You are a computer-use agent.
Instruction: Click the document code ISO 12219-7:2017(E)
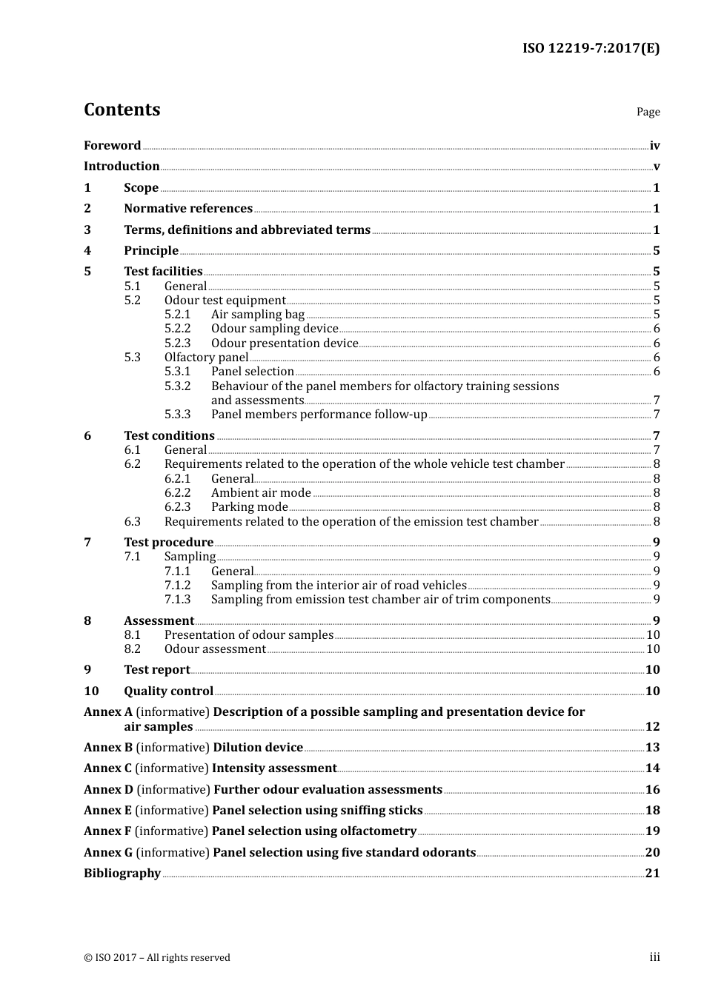click(x=591, y=48)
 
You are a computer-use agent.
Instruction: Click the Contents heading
click(x=122, y=110)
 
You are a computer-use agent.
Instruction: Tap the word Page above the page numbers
click(x=648, y=112)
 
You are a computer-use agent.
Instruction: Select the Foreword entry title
click(x=112, y=146)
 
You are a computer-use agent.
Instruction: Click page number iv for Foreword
click(x=654, y=146)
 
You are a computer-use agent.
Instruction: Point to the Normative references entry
click(x=188, y=209)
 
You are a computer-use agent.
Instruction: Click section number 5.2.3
click(x=177, y=344)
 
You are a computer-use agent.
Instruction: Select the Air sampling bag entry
click(x=258, y=315)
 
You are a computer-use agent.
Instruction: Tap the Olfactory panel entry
click(x=206, y=358)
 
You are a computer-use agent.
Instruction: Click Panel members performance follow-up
click(x=319, y=415)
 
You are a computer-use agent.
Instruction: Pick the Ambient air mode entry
click(x=261, y=493)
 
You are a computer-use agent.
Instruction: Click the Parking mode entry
click(x=249, y=507)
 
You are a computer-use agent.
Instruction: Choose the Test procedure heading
click(x=168, y=543)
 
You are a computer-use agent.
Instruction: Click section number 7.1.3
click(x=177, y=600)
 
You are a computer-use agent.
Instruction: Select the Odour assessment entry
click(x=215, y=649)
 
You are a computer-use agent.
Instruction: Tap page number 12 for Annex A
click(x=652, y=727)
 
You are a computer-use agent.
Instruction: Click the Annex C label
click(x=108, y=768)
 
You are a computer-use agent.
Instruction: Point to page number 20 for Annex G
click(x=652, y=853)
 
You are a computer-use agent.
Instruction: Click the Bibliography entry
click(x=122, y=874)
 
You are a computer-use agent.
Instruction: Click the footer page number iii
click(x=654, y=957)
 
